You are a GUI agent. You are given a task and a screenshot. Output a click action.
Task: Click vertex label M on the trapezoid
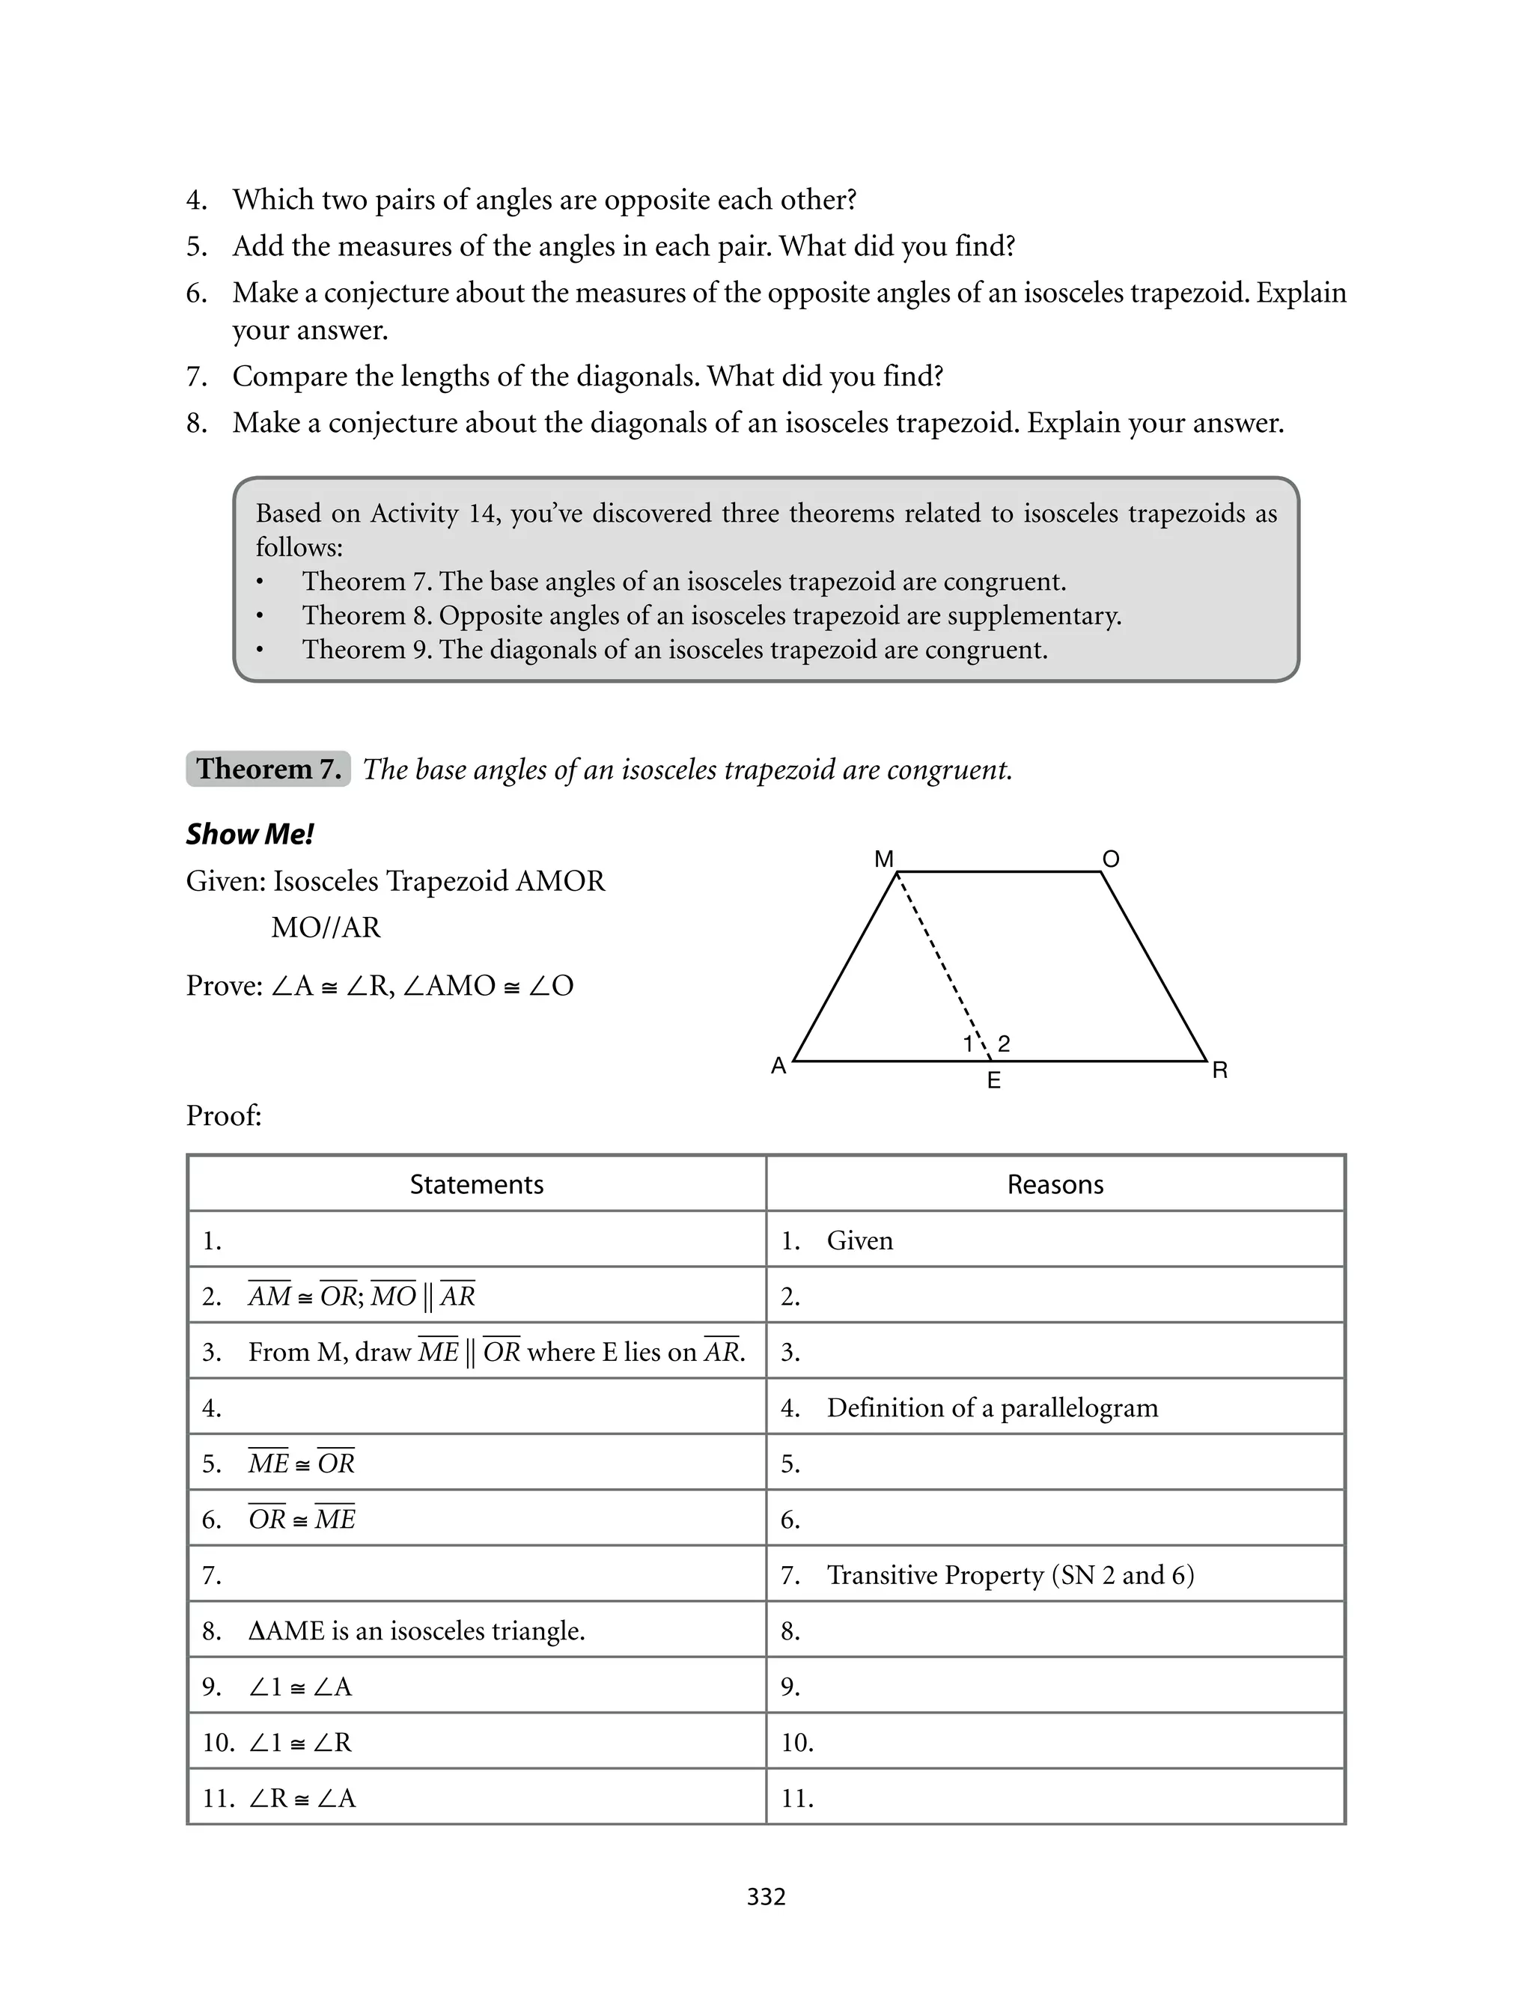[x=883, y=859]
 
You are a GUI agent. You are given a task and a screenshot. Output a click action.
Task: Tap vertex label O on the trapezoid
[x=1111, y=859]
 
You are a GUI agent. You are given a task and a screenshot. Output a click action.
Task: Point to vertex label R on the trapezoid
[x=1220, y=1071]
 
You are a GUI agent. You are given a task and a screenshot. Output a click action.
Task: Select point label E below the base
[x=994, y=1081]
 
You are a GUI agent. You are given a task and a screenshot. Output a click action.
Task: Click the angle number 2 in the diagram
[x=1004, y=1044]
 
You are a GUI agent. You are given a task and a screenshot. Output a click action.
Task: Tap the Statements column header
[x=476, y=1185]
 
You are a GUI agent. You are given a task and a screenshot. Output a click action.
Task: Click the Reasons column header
[x=1055, y=1185]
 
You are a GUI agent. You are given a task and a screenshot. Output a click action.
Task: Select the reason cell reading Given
[x=859, y=1240]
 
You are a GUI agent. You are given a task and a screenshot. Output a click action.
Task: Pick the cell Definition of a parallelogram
[x=992, y=1407]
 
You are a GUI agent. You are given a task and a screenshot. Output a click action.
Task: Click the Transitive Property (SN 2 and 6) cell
[x=1010, y=1576]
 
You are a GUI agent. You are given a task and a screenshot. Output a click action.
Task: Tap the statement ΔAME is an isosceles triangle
[x=416, y=1631]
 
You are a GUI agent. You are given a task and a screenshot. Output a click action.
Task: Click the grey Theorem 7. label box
[x=268, y=769]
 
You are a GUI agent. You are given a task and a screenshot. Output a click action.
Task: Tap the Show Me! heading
[x=250, y=835]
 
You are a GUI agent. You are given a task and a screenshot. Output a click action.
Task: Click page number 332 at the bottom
[x=766, y=1897]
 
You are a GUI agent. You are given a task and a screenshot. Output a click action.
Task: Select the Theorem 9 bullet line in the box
[x=674, y=650]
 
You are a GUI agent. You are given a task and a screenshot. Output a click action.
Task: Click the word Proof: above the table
[x=224, y=1115]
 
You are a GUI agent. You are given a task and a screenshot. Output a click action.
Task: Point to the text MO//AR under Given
[x=326, y=928]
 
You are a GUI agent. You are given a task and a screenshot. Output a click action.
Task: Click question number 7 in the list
[x=196, y=377]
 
